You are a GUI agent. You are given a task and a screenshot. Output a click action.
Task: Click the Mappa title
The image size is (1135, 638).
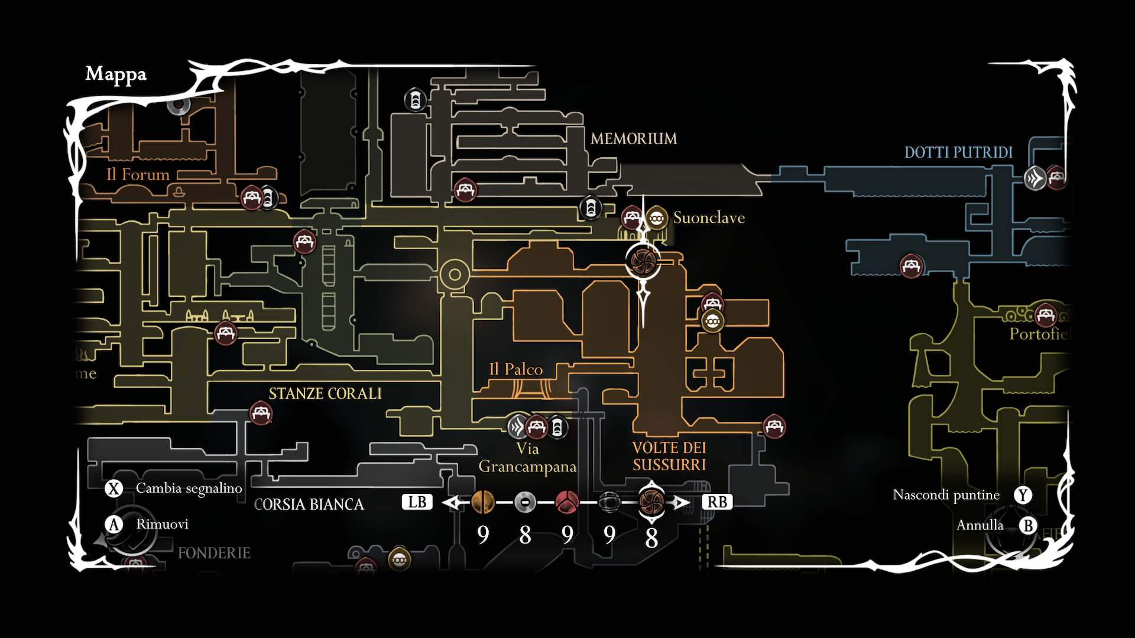[x=116, y=74]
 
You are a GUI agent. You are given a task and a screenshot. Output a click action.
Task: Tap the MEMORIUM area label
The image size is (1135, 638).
[x=634, y=139]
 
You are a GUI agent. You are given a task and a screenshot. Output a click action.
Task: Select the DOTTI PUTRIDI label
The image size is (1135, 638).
[x=958, y=152]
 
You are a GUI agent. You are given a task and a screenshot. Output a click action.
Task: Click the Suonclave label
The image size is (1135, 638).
[x=709, y=218]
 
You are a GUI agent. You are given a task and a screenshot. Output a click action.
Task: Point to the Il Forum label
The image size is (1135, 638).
[x=138, y=175]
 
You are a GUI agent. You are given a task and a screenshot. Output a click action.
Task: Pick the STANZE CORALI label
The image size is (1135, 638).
[x=325, y=393]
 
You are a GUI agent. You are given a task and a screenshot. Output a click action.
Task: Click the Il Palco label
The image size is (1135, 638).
[x=515, y=370]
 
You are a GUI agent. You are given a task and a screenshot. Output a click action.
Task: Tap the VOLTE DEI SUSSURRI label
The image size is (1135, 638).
[x=669, y=456]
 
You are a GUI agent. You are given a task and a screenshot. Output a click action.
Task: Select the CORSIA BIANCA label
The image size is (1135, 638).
[x=309, y=504]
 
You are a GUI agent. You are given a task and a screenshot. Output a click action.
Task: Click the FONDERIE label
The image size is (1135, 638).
[x=214, y=553]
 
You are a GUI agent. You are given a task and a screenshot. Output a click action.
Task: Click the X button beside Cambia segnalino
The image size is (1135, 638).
[x=113, y=489]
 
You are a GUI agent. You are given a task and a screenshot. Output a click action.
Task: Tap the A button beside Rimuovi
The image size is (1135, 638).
[x=113, y=525]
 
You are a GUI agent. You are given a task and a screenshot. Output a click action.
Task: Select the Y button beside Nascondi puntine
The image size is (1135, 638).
[x=1023, y=495]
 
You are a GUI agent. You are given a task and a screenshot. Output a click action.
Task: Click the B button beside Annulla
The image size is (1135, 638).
[x=1028, y=525]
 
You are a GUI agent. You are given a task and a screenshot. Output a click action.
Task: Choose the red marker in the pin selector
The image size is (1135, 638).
[x=567, y=503]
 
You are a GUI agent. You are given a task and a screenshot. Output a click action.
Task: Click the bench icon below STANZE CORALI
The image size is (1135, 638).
[x=261, y=413]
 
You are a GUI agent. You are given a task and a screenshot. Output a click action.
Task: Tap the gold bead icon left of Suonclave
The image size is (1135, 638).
[x=656, y=219]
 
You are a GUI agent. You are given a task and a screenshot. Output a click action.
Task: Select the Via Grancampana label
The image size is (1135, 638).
[x=527, y=458]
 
